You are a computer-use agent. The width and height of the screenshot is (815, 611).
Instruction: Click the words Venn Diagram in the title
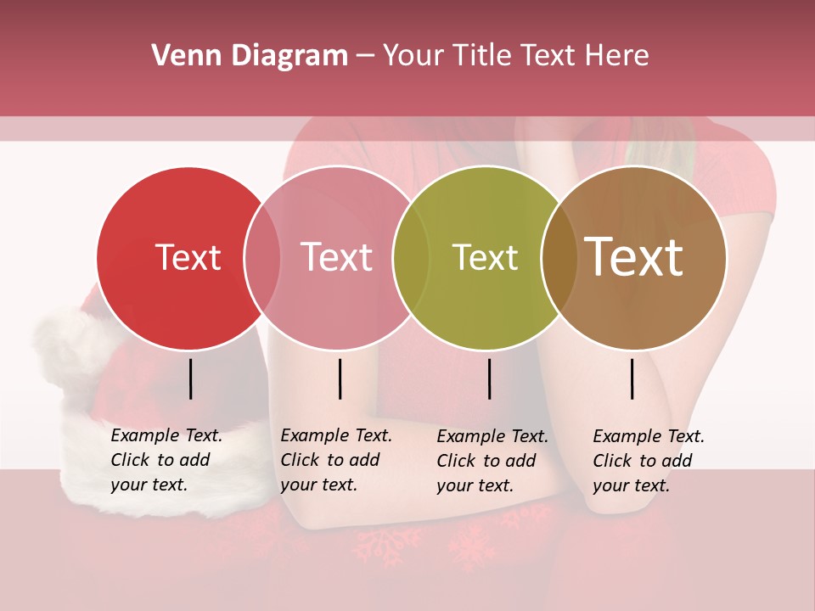(250, 56)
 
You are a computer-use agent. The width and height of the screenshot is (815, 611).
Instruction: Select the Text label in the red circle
(188, 257)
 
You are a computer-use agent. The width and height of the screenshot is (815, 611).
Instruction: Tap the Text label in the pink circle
(336, 257)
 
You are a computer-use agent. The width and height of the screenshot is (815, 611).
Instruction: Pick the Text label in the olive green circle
(485, 257)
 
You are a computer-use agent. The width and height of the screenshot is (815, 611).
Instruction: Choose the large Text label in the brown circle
(634, 257)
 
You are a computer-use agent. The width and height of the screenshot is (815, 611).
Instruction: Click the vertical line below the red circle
(190, 378)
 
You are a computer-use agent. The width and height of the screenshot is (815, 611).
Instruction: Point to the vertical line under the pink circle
(340, 378)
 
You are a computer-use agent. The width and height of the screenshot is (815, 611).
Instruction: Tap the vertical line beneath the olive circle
(489, 378)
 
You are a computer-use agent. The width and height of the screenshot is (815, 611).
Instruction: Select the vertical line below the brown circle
(632, 378)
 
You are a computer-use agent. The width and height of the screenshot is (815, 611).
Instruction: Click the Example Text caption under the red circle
(166, 460)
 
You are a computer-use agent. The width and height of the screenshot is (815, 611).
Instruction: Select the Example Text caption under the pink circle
(336, 460)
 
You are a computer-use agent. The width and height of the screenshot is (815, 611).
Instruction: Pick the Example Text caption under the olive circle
(492, 461)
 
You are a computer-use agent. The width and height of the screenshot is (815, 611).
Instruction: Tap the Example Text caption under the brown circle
(649, 461)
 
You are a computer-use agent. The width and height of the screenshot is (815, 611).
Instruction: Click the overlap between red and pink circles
(262, 257)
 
